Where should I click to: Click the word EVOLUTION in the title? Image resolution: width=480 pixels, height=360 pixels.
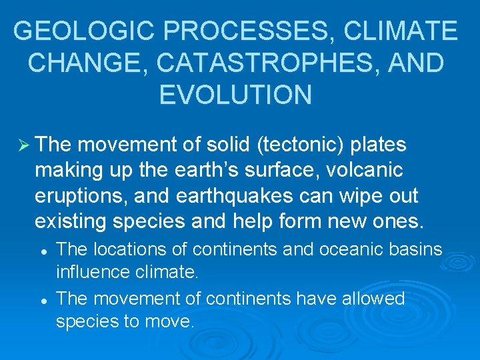(x=235, y=95)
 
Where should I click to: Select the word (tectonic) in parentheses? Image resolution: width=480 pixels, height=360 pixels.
(x=295, y=145)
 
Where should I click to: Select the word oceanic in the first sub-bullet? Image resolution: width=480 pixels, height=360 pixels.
(x=342, y=249)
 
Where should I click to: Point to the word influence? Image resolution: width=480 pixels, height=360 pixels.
(x=94, y=273)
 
